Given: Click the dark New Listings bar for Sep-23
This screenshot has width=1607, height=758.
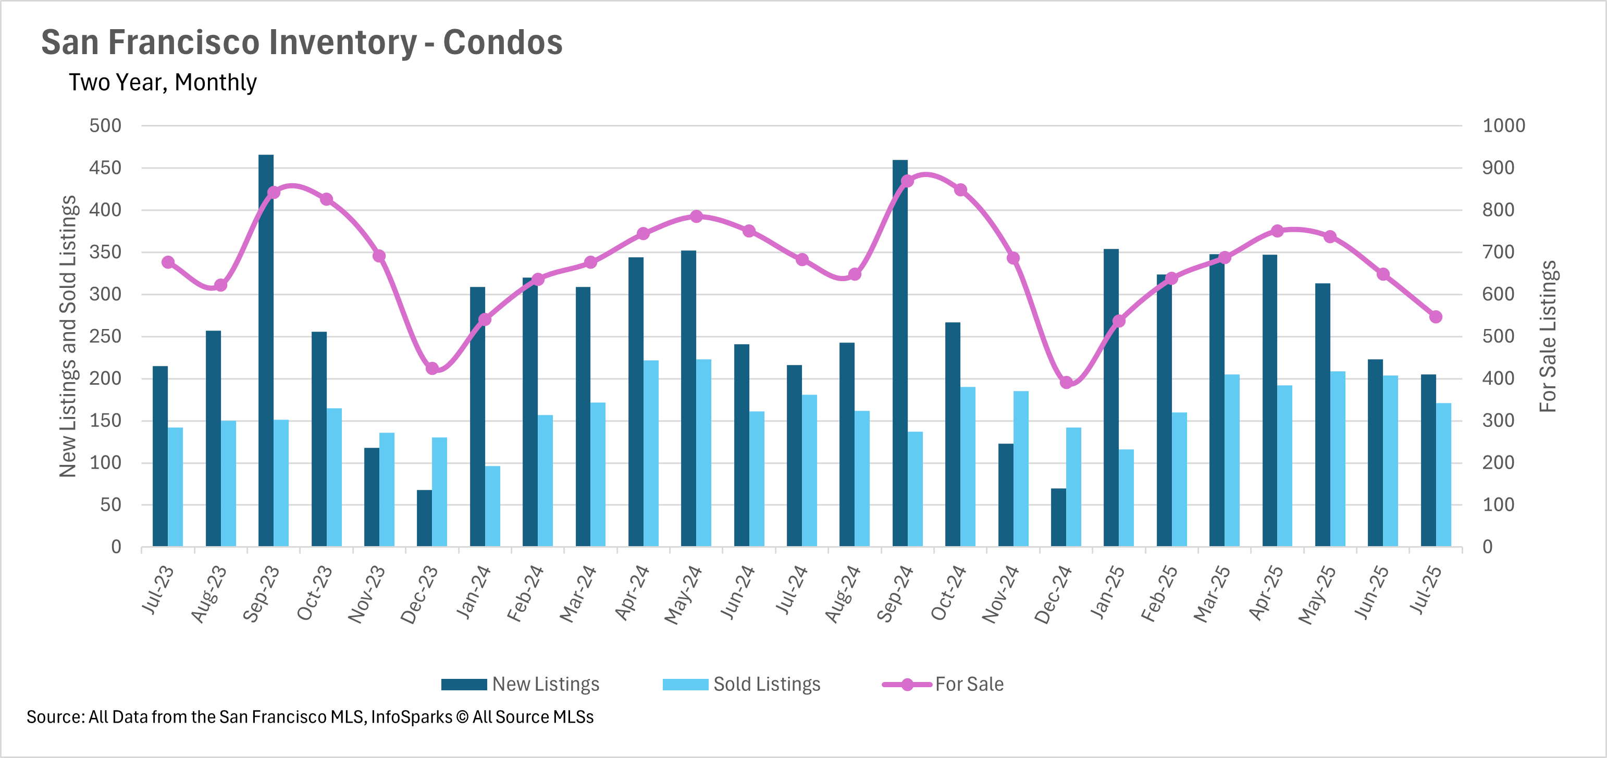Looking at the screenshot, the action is pyautogui.click(x=266, y=350).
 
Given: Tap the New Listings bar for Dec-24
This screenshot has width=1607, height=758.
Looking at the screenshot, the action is pyautogui.click(x=1059, y=517).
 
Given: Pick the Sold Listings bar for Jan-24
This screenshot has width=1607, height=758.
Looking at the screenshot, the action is pyautogui.click(x=493, y=506).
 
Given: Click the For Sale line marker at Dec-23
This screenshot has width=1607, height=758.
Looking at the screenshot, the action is pyautogui.click(x=432, y=369).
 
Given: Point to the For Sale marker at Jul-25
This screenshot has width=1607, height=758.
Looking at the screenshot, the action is pyautogui.click(x=1436, y=317).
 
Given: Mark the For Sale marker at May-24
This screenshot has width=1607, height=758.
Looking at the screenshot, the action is pyautogui.click(x=696, y=216).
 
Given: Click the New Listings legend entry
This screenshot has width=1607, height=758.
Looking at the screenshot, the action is pyautogui.click(x=520, y=684).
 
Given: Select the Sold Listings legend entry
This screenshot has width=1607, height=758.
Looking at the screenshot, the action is pyautogui.click(x=741, y=684).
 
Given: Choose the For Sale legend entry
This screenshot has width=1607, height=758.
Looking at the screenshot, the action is pyautogui.click(x=943, y=684).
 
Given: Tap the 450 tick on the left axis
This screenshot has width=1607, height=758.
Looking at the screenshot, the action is pyautogui.click(x=105, y=168).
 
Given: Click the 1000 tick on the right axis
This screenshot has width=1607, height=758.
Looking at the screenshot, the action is pyautogui.click(x=1503, y=125).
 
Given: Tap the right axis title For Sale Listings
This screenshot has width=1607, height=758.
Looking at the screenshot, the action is pyautogui.click(x=1548, y=337).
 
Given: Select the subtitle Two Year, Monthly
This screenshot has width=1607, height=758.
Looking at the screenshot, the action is pyautogui.click(x=163, y=82).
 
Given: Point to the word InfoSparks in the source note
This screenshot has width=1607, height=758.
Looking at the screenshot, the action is pyautogui.click(x=412, y=717).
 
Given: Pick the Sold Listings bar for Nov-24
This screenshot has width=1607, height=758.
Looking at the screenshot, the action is pyautogui.click(x=1021, y=469).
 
